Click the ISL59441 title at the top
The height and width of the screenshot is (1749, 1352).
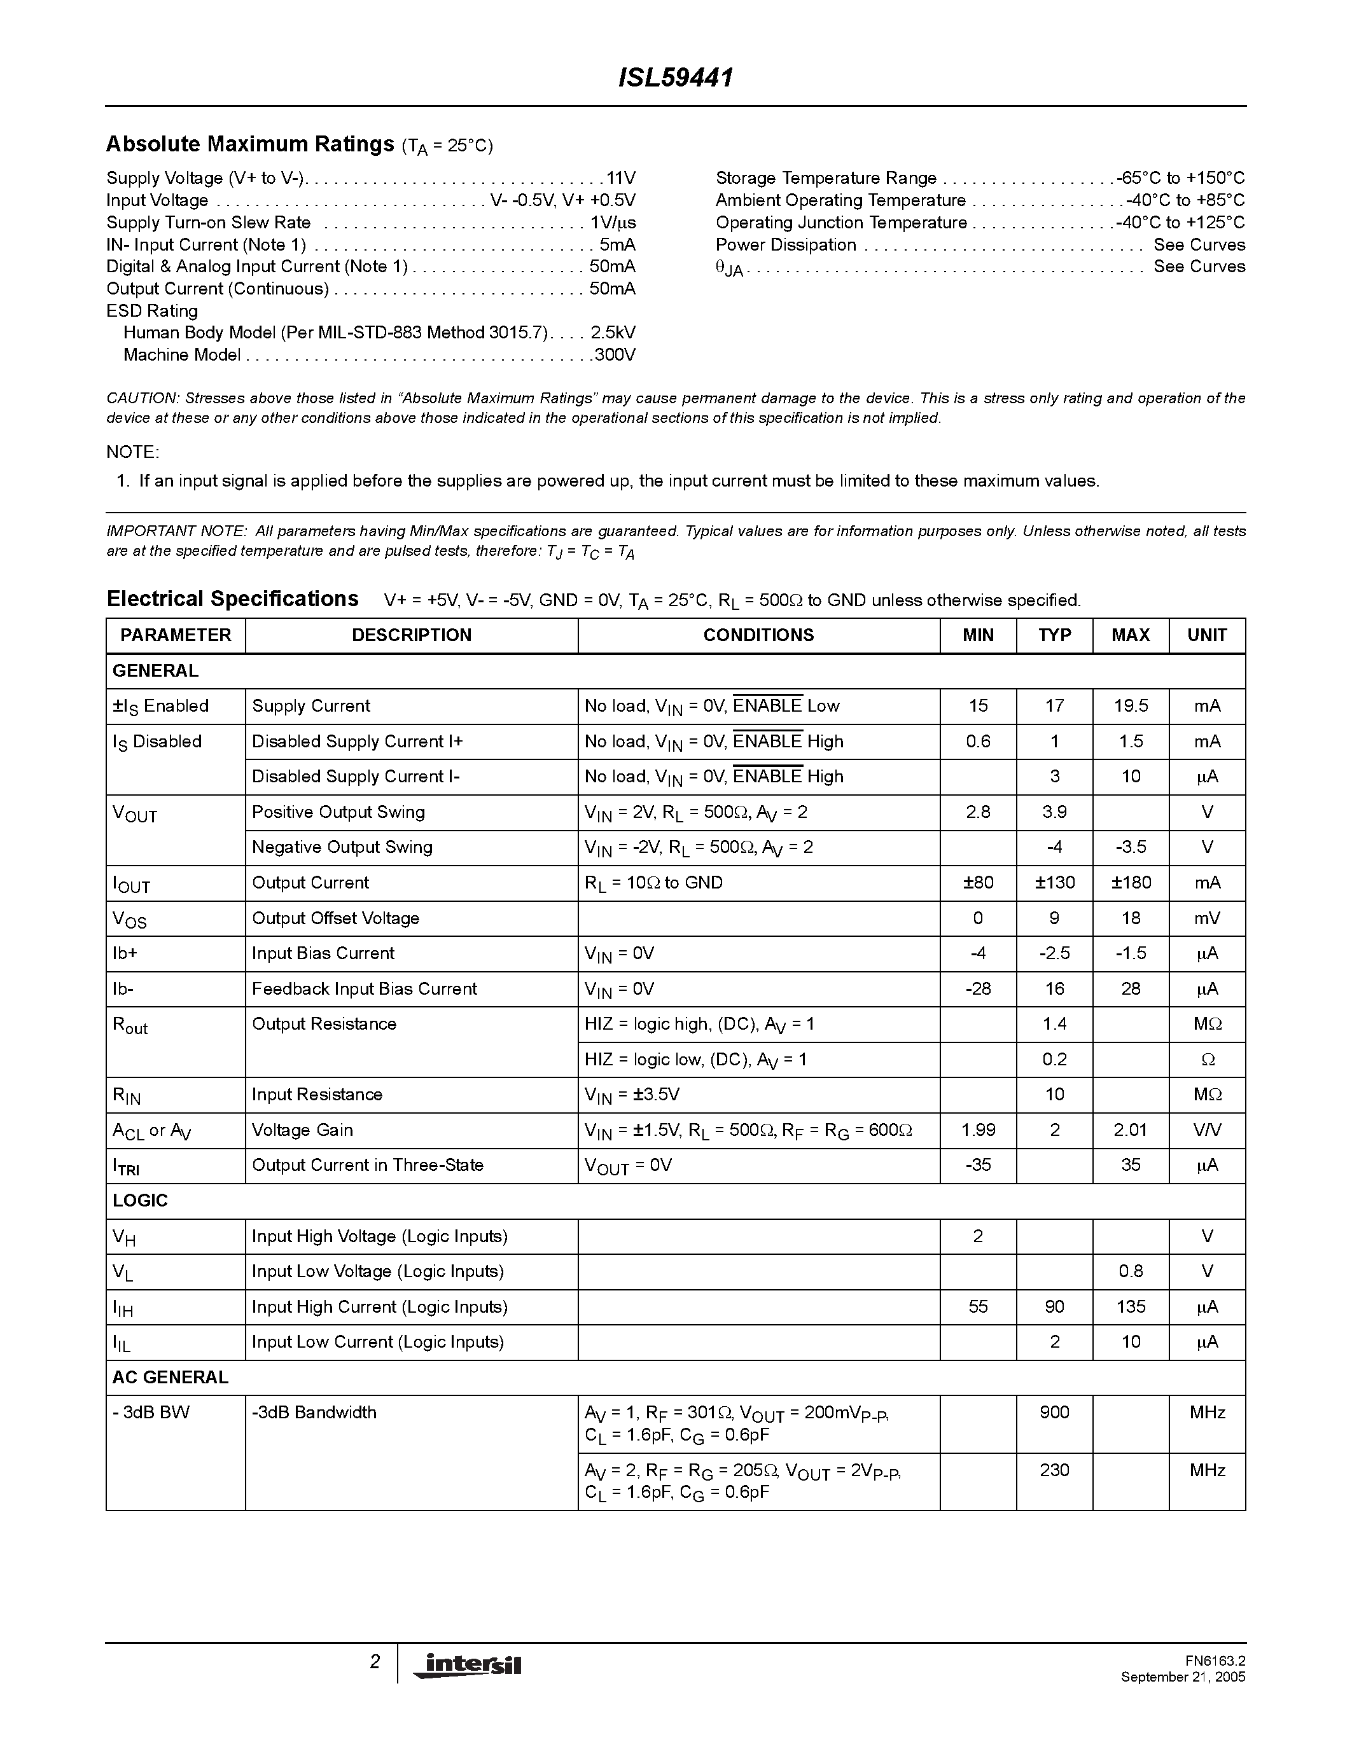coord(675,78)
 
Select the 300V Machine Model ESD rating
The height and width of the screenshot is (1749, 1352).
coord(615,355)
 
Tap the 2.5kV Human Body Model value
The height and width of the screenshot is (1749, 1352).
coord(613,333)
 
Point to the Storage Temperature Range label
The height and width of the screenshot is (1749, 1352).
coord(826,178)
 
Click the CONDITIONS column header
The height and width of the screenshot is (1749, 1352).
coord(758,635)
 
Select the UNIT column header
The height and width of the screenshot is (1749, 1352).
coord(1206,635)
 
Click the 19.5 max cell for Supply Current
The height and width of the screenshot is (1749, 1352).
coord(1130,705)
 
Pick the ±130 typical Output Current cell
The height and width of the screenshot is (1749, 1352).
coord(1054,883)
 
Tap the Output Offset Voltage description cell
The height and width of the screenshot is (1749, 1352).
coord(335,918)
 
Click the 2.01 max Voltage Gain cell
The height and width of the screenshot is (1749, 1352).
coord(1130,1130)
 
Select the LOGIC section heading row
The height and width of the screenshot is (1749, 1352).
coord(140,1200)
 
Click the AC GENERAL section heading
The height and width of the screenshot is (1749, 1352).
coord(171,1376)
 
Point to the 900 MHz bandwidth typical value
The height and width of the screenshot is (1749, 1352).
coord(1054,1412)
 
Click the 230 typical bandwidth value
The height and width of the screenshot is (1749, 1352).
coord(1054,1470)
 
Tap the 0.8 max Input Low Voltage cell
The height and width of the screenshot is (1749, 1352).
coord(1130,1271)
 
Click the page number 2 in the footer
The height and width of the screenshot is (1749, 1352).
coord(375,1663)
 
